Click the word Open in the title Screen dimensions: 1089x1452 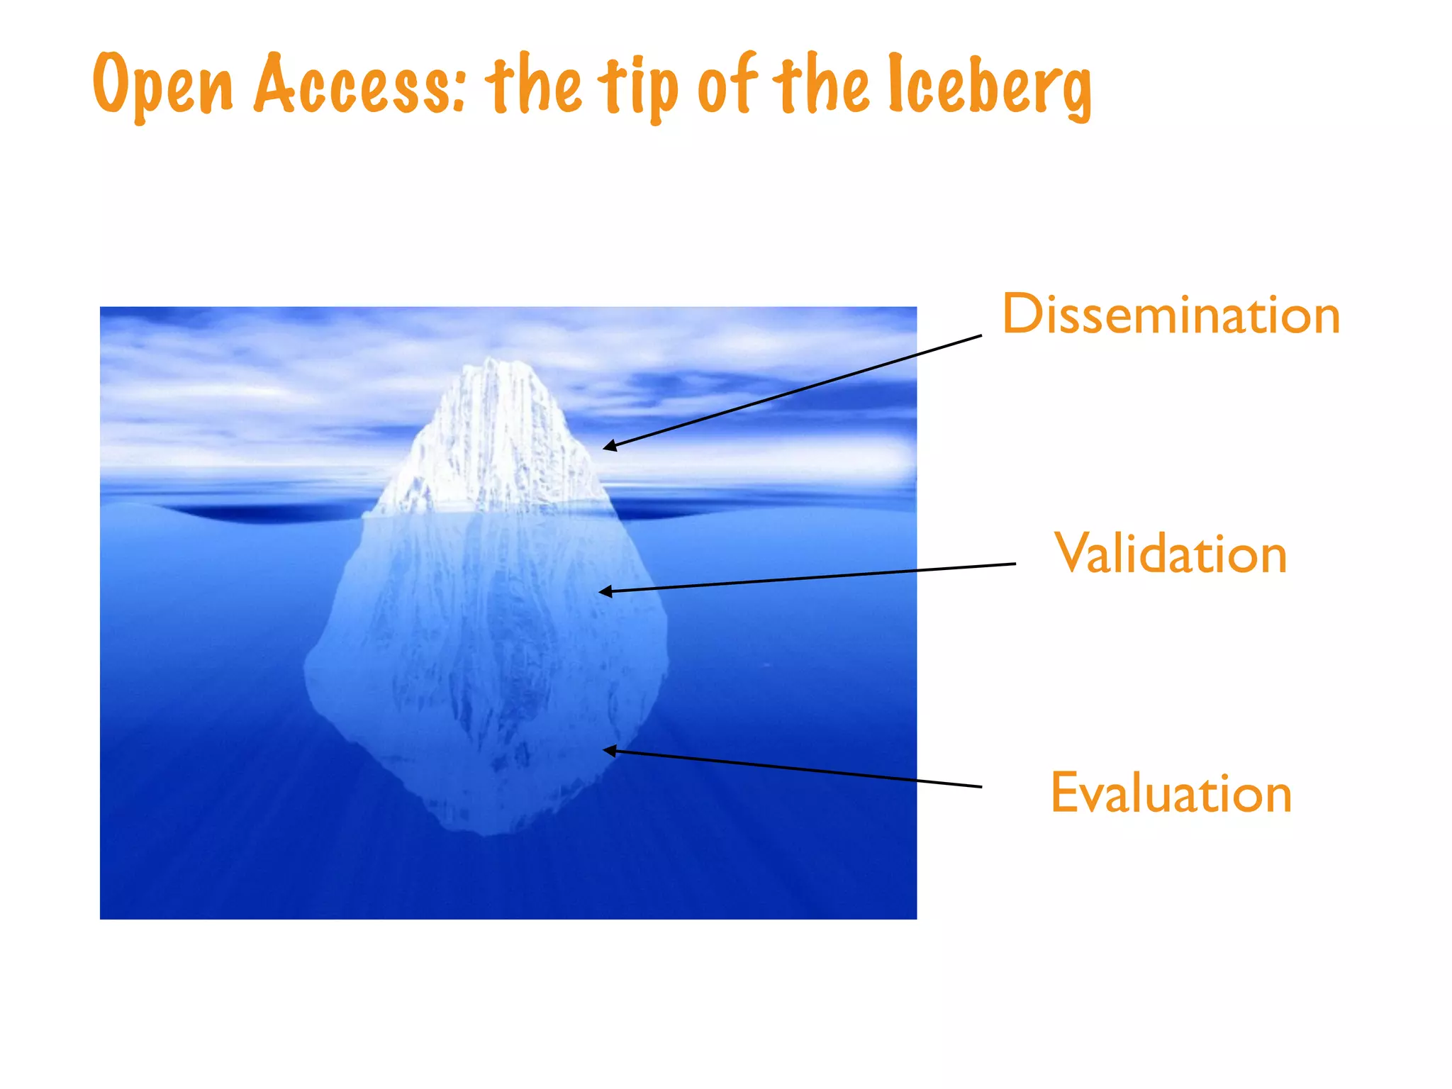tap(163, 85)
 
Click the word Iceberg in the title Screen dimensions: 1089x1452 tap(990, 85)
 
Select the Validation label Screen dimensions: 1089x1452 tap(1171, 554)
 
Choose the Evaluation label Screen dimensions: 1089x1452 tap(1171, 793)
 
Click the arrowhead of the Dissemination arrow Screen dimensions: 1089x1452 tap(607, 447)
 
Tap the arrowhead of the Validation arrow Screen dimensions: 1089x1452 tap(603, 591)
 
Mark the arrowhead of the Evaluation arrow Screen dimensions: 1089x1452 tap(607, 750)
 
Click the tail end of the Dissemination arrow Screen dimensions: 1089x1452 tap(981, 335)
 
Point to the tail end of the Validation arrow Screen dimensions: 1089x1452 tap(1015, 564)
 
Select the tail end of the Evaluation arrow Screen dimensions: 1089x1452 tap(981, 786)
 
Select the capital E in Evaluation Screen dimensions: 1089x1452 tap(1065, 793)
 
